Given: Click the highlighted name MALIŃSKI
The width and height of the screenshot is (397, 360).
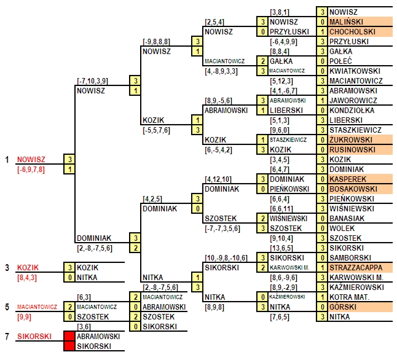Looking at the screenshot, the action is pos(346,22).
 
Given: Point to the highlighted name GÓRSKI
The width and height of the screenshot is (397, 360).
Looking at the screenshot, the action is pos(343,307).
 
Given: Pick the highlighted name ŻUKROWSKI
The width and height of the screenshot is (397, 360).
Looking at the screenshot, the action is pos(351,139).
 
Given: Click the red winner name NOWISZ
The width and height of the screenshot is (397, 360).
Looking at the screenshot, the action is pos(31,160).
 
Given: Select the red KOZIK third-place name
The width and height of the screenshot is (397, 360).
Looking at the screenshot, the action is pos(28,268).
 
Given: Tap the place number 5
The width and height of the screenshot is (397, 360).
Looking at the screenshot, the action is pos(7,307).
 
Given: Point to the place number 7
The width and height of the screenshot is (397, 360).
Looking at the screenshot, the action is pos(7,337).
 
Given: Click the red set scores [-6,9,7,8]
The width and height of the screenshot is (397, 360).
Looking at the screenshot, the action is pos(31,170).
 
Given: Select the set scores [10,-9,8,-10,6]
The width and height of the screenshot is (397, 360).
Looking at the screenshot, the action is pos(226,258).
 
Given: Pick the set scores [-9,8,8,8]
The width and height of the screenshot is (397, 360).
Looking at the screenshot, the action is pos(156,42).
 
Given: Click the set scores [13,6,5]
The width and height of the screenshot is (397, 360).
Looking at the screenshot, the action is pos(281,248).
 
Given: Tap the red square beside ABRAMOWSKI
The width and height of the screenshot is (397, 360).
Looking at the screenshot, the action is pos(69,337).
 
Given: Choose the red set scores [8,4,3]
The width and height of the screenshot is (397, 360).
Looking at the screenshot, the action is pos(27,278).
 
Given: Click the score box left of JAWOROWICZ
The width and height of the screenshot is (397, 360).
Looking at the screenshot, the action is pos(322,101).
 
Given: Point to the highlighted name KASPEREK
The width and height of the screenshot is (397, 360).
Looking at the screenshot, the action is pos(348,179).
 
